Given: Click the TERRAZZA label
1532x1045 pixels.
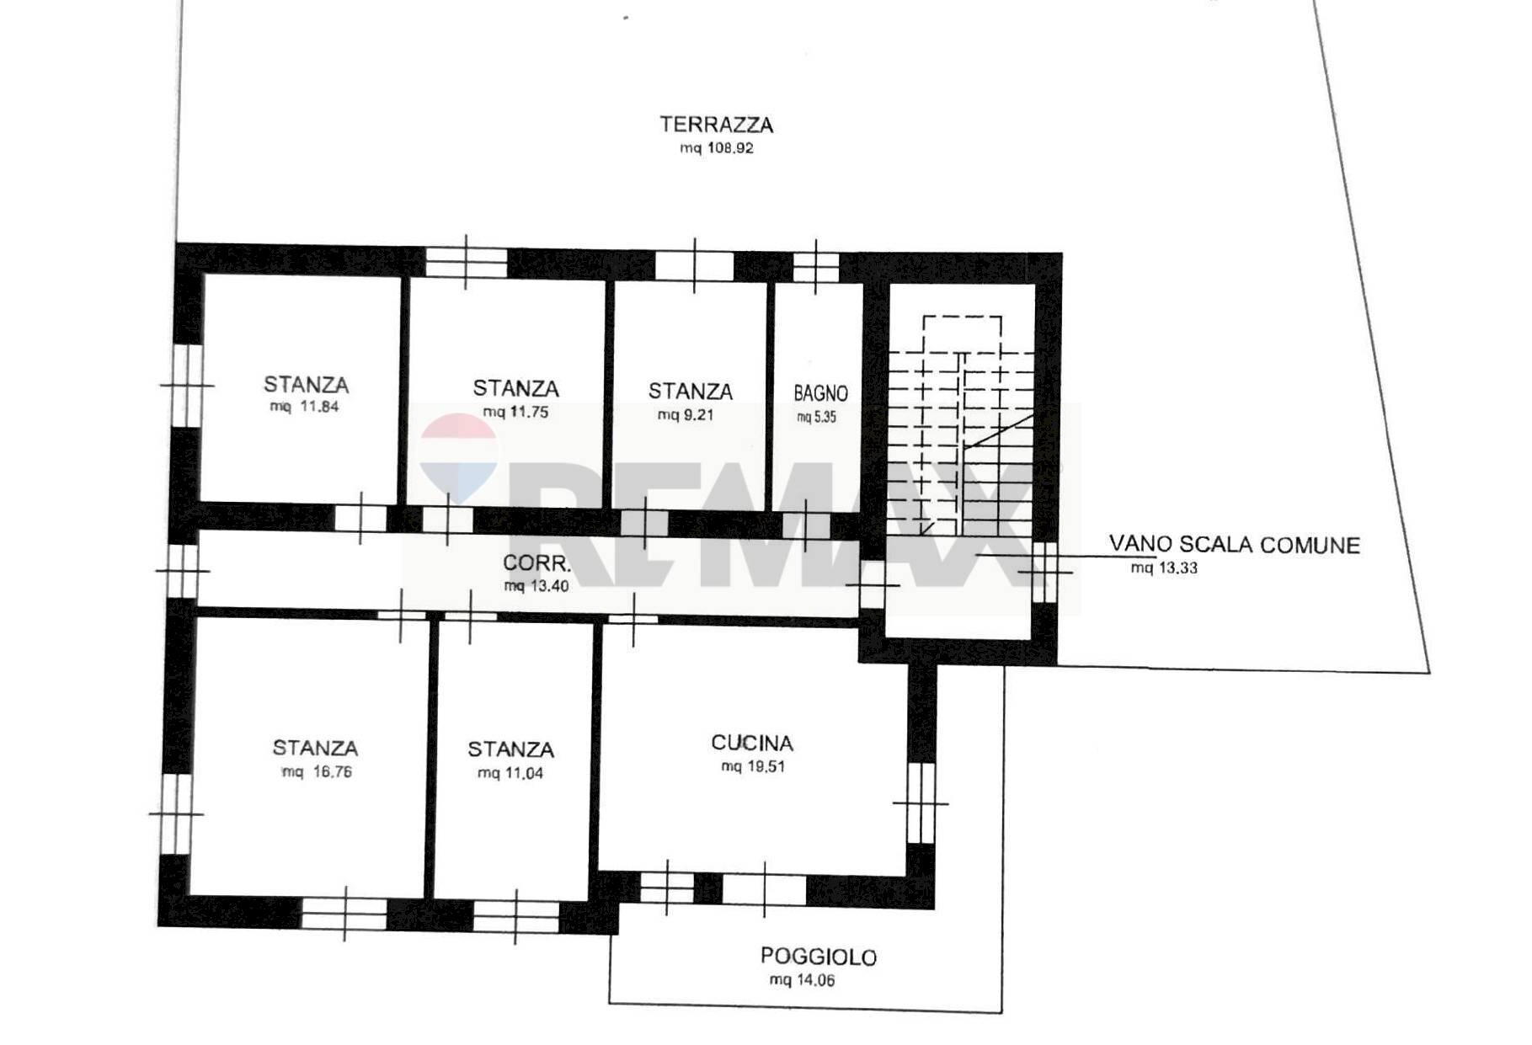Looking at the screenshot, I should click(x=716, y=125).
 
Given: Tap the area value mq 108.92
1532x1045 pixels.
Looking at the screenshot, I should click(x=716, y=148).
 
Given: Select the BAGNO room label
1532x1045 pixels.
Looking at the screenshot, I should click(x=820, y=393).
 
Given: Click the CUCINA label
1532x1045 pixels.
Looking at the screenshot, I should click(x=751, y=743).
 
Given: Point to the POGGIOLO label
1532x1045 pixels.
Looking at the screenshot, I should click(x=818, y=957).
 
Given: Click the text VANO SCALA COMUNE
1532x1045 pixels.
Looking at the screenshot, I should click(x=1234, y=545).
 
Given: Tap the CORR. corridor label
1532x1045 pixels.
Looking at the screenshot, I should click(x=536, y=563).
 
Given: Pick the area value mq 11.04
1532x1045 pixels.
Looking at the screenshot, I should click(x=510, y=773).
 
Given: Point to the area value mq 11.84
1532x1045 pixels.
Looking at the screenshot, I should click(x=304, y=407).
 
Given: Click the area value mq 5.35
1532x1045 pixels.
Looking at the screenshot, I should click(x=816, y=417).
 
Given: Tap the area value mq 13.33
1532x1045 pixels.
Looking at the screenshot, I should click(x=1164, y=568).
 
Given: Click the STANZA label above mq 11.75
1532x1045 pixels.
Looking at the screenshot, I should click(x=515, y=388).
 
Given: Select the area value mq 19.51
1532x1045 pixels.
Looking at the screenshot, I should click(x=752, y=766).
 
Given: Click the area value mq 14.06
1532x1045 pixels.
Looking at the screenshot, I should click(x=802, y=980).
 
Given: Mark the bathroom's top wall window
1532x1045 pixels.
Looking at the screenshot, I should click(x=815, y=267).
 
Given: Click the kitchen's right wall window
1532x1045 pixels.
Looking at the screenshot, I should click(x=921, y=802).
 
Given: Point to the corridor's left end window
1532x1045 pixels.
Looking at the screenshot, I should click(x=182, y=571).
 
